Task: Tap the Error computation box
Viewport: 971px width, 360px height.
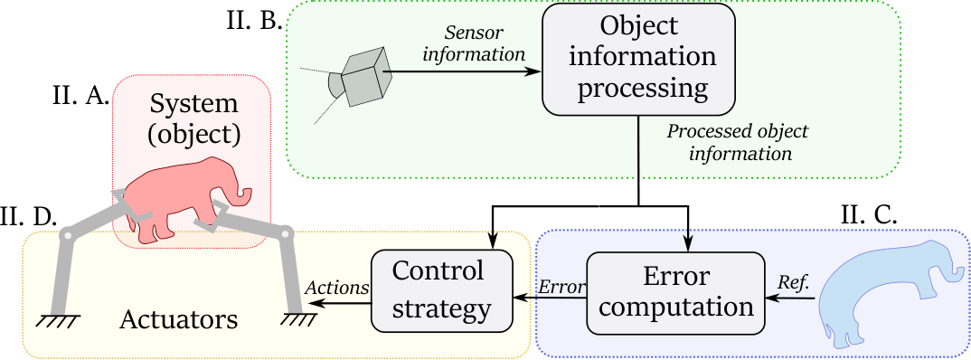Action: pos(676,289)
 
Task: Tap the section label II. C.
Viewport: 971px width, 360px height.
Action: pos(868,214)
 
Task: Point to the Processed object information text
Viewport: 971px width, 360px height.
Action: pos(737,142)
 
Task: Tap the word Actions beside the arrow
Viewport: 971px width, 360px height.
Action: pos(337,287)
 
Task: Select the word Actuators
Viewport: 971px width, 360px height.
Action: pos(180,319)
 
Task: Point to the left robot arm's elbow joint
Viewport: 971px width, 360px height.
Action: pos(66,236)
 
